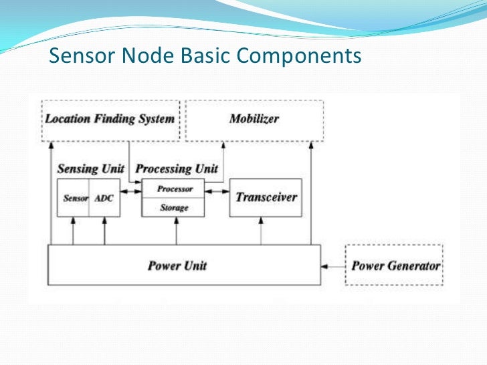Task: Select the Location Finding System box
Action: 111,120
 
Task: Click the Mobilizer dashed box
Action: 254,120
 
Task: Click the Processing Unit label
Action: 177,168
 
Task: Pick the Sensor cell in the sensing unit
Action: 75,199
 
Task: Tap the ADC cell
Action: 104,199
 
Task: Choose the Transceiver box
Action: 266,197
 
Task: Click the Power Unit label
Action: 177,265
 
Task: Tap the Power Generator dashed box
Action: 395,266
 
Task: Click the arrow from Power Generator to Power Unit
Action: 332,266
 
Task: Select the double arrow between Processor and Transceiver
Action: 216,192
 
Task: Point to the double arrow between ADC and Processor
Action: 132,192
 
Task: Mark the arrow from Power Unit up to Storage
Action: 177,231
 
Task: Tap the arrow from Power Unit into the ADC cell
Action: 104,231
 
